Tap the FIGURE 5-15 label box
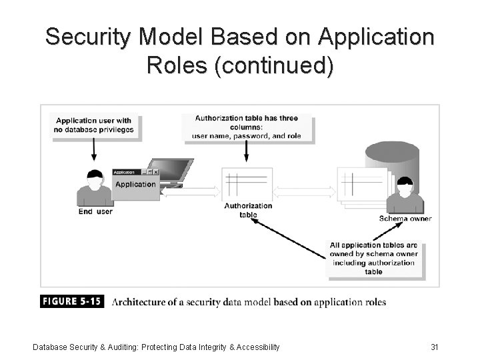pos(73,301)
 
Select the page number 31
pos(435,347)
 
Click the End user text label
pos(96,211)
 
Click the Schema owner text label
pos(405,218)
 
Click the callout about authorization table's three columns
pos(247,127)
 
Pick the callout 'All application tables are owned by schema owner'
pos(373,258)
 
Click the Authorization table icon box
pos(247,183)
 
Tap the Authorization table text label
pos(248,210)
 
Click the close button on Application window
pos(156,172)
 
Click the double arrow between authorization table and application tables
pos(304,191)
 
